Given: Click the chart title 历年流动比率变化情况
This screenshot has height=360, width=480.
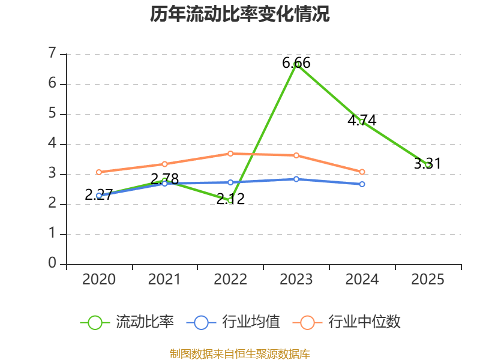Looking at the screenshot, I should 240,14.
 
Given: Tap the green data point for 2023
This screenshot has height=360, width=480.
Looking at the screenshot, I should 296,64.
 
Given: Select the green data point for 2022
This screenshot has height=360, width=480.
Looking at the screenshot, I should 230,200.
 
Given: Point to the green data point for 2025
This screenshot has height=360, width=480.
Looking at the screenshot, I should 428,164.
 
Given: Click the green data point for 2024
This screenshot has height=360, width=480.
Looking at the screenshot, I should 362,122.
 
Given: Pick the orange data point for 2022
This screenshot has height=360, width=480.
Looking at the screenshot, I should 230,154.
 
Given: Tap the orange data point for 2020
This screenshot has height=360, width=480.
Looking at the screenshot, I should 99,172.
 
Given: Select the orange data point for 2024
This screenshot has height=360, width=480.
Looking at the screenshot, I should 362,172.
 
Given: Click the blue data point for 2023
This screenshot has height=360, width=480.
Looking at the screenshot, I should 296,179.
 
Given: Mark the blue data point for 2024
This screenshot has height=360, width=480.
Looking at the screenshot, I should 362,184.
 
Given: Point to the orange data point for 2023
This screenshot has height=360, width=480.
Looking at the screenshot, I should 296,155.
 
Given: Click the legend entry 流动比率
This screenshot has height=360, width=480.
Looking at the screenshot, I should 127,322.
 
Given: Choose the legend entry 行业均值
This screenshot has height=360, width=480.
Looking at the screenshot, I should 233,322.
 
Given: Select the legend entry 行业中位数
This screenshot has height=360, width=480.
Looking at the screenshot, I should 347,322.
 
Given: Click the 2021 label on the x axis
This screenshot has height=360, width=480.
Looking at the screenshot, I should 164,280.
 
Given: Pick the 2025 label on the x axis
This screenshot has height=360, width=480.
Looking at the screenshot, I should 428,280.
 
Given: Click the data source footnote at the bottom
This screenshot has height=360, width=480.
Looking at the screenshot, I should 240,353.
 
